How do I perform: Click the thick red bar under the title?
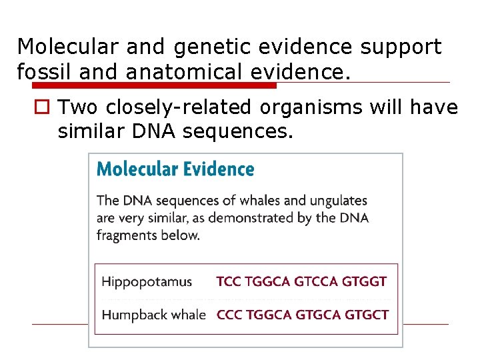pos(153,85)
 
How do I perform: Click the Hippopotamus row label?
pos(147,282)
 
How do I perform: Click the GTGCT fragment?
pos(365,315)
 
